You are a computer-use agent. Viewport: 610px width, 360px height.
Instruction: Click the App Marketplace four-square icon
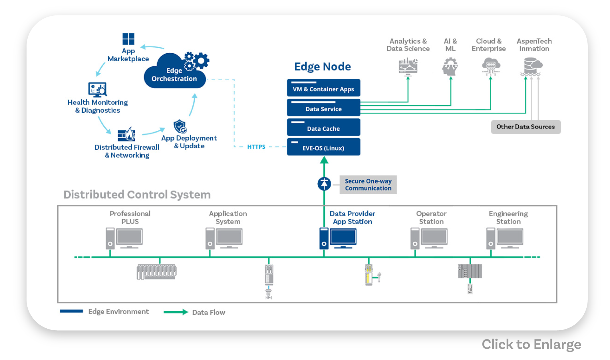click(x=128, y=39)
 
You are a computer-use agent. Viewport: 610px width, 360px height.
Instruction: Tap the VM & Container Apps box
click(x=323, y=88)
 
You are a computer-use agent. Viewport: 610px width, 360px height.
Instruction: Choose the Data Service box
click(x=323, y=108)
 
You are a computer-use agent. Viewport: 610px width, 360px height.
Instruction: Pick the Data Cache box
click(x=323, y=128)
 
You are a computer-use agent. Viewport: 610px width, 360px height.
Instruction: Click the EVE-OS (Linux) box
click(x=323, y=147)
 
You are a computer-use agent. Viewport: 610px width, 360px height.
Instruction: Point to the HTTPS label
click(x=256, y=147)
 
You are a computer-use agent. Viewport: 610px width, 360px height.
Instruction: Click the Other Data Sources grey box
click(x=526, y=127)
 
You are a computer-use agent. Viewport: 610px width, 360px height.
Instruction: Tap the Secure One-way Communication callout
click(x=368, y=185)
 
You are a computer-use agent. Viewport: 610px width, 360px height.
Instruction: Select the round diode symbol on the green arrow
click(x=324, y=184)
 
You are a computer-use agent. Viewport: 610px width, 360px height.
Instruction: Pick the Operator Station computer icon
click(x=429, y=238)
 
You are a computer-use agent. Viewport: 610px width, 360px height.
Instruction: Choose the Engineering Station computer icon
click(x=505, y=238)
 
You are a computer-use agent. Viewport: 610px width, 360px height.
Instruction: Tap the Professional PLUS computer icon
click(x=124, y=238)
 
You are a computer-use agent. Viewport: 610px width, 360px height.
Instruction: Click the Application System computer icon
click(x=224, y=238)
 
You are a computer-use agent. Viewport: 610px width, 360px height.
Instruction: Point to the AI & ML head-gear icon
click(x=450, y=66)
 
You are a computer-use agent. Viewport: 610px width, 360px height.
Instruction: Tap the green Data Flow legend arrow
click(x=176, y=312)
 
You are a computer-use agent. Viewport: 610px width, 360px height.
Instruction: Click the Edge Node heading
click(x=323, y=67)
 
